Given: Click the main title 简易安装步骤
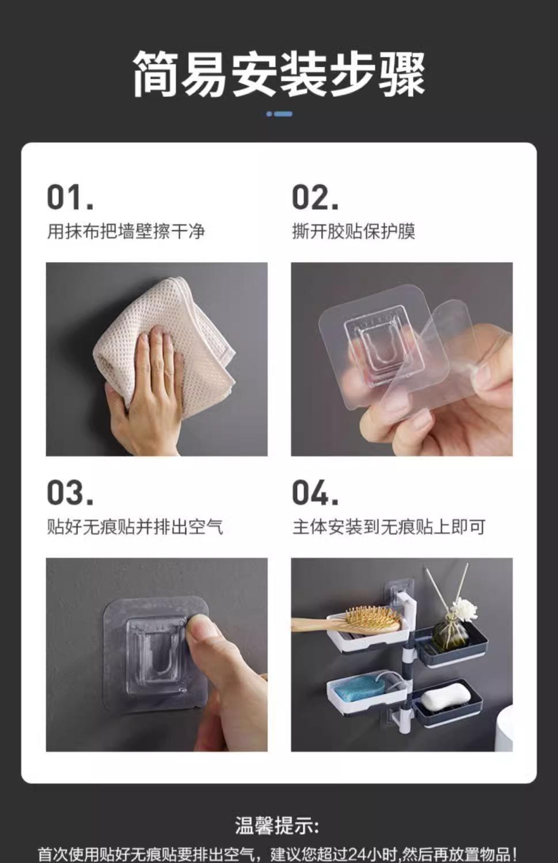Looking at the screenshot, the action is point(279,74).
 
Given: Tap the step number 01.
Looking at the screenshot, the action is point(70,197).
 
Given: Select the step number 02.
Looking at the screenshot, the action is point(315,197).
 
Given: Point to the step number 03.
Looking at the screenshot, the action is point(70,492).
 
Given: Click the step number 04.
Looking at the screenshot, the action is point(315,492).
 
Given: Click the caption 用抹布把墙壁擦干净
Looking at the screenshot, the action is point(126,231).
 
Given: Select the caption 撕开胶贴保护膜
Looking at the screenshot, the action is point(354,231).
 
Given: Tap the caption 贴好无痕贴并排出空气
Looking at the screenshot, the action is point(135,526).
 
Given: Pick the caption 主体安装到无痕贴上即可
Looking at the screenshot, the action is point(389,526).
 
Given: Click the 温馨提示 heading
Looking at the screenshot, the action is point(277,826).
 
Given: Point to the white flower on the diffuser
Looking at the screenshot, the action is point(464,609).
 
